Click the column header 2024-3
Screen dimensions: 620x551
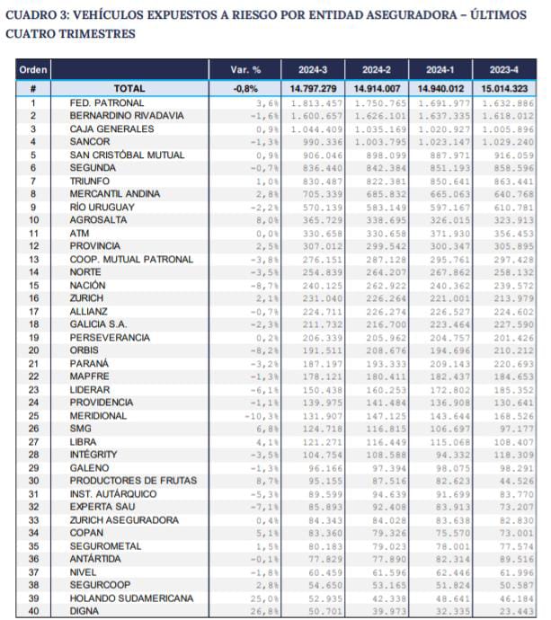tap(312, 70)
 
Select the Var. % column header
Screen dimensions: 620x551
tap(245, 70)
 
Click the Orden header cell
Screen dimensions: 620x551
tap(33, 70)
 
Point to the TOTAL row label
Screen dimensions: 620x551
tap(129, 89)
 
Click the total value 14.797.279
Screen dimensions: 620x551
tap(313, 89)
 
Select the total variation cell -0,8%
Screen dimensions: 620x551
tap(245, 89)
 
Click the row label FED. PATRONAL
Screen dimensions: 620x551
tap(107, 103)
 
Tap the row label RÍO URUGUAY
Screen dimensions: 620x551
tap(103, 207)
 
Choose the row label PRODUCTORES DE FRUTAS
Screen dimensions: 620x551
tap(133, 481)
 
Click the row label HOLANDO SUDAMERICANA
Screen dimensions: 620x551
tap(134, 598)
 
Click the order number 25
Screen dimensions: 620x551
tap(32, 416)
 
